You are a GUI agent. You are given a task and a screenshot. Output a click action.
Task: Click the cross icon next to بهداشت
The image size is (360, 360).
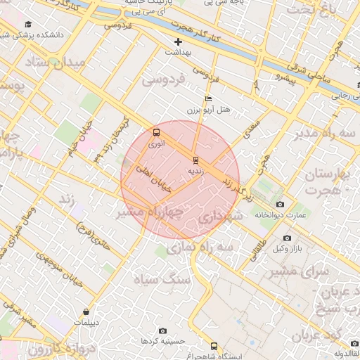pyautogui.click(x=179, y=42)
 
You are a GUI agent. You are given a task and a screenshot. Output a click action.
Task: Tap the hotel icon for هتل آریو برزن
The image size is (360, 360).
pyautogui.click(x=207, y=99)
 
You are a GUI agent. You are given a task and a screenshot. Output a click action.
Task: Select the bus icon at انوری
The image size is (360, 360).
pyautogui.click(x=156, y=132)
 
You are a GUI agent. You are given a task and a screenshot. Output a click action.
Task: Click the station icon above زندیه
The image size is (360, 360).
pyautogui.click(x=196, y=160)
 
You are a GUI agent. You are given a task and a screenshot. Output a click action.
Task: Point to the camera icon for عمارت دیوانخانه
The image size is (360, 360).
pyautogui.click(x=281, y=204)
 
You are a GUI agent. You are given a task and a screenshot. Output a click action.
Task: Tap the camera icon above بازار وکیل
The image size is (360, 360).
pyautogui.click(x=288, y=238)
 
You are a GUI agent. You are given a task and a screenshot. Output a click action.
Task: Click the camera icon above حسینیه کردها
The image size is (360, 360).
pyautogui.click(x=163, y=330)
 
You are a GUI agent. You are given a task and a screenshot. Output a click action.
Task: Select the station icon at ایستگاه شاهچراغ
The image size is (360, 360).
pyautogui.click(x=214, y=346)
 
